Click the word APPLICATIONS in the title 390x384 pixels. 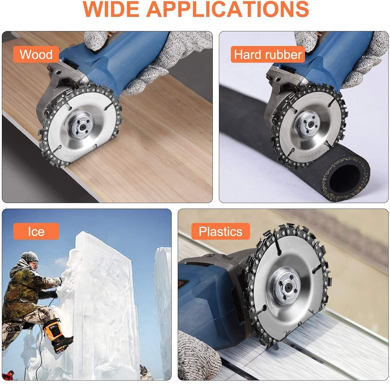[227, 9]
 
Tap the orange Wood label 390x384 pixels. [36, 54]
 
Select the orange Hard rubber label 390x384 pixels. [268, 54]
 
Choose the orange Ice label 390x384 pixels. [36, 231]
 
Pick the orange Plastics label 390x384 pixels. [221, 231]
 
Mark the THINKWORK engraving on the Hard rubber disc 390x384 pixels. [310, 154]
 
